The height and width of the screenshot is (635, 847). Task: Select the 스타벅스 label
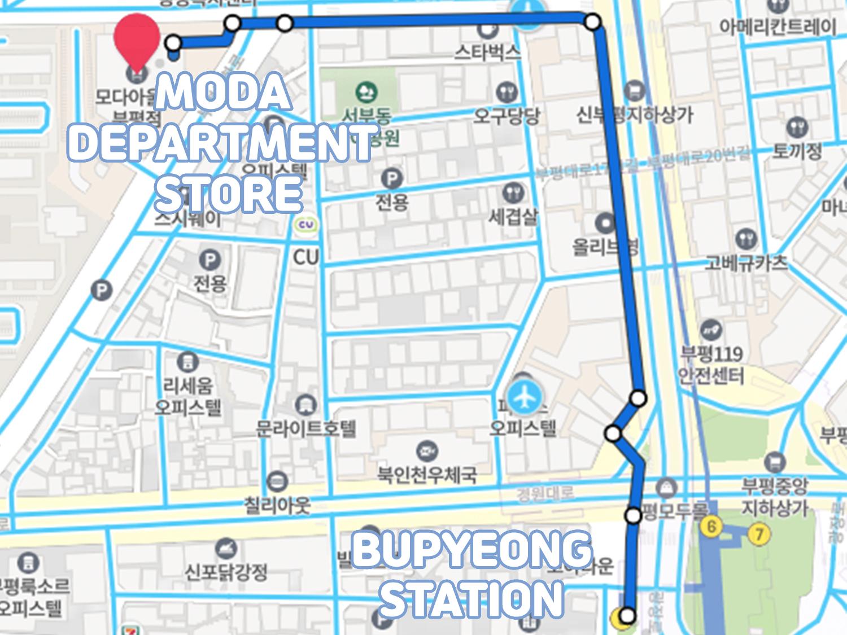[488, 52]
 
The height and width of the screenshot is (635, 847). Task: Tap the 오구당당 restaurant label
[507, 116]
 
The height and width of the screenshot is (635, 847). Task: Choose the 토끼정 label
[797, 150]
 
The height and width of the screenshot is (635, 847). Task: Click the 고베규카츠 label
[745, 262]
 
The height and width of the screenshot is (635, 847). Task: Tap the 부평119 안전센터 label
[711, 364]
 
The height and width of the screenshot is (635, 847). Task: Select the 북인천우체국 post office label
[427, 474]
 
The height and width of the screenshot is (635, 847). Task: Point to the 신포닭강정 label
[226, 572]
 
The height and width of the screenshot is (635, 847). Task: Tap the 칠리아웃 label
[277, 505]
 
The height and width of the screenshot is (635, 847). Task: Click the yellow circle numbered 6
[711, 527]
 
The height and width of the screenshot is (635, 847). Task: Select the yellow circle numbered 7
[758, 532]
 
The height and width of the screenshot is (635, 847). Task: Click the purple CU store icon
[307, 226]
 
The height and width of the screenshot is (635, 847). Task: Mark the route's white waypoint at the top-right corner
[592, 23]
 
